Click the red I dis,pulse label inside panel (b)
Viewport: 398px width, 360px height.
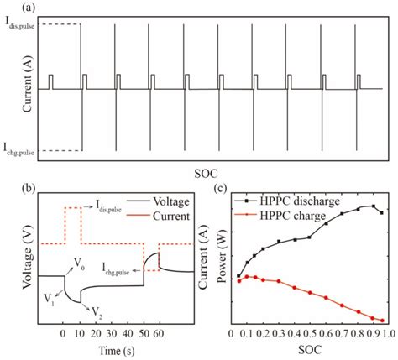pyautogui.click(x=111, y=203)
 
